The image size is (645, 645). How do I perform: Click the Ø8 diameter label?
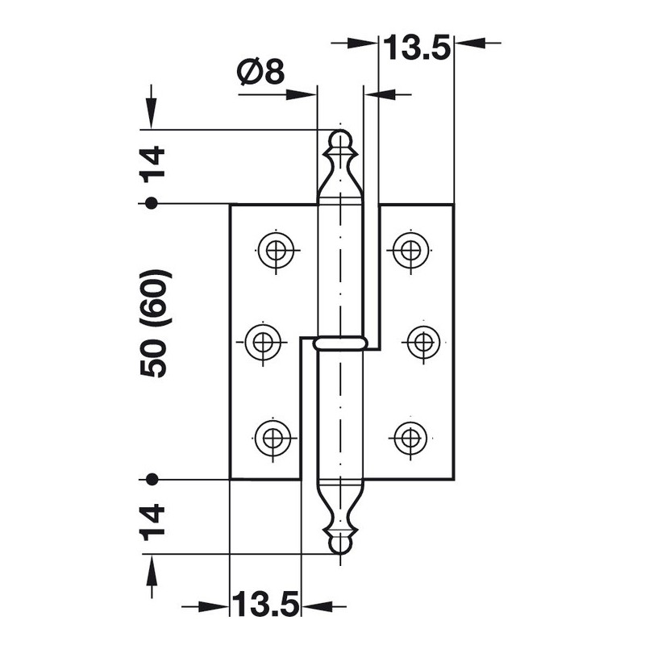point(261,71)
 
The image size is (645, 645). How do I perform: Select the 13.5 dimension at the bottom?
point(265,603)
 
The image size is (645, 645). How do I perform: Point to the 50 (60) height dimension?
point(153,323)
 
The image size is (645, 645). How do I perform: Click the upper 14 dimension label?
point(152,164)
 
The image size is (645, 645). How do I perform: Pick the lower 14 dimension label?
point(152,522)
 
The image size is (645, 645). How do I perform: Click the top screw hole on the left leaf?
point(276,250)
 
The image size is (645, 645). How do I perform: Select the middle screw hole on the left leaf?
point(264,341)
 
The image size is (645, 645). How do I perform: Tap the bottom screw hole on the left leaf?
point(273,437)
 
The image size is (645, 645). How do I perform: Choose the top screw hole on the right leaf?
point(410,250)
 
